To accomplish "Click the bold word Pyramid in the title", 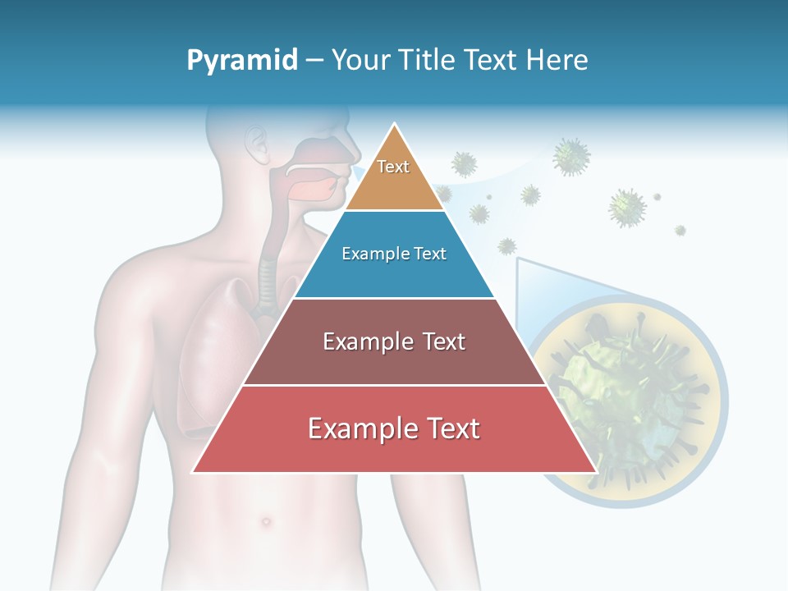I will [x=241, y=61].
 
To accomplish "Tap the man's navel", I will [x=264, y=520].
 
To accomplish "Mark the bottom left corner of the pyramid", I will [x=194, y=472].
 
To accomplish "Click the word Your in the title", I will [x=357, y=61].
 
